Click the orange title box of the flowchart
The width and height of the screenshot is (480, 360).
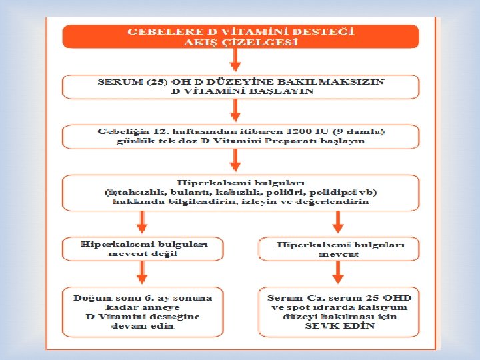240,36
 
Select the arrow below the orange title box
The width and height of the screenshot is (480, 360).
235,61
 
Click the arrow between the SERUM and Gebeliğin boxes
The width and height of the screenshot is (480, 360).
235,111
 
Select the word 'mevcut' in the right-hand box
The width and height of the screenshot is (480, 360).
339,254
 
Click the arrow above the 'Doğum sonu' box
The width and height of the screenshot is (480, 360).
141,272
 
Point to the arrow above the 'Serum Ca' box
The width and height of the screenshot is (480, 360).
338,272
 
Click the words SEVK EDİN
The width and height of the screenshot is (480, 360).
339,327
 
